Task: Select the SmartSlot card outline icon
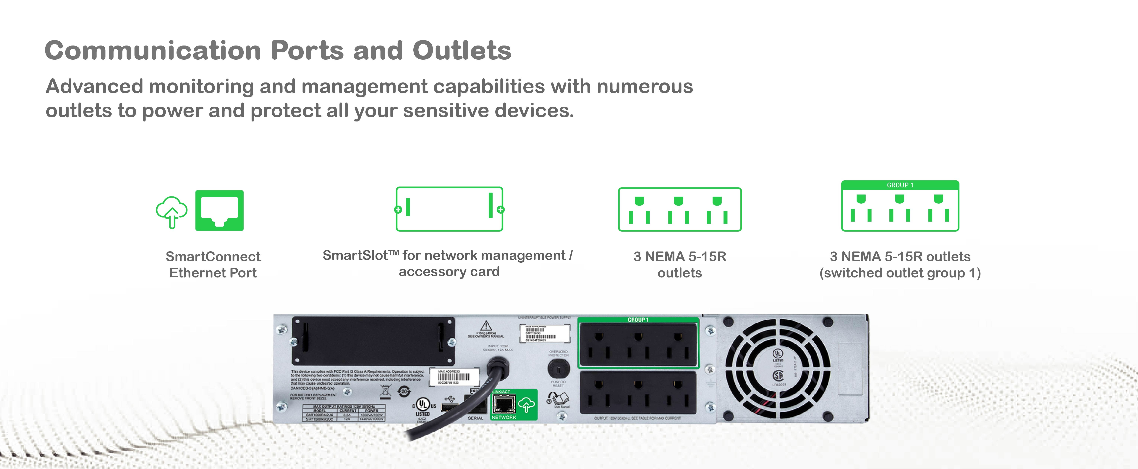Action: click(449, 209)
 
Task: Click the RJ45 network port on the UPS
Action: click(504, 404)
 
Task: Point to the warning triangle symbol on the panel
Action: click(486, 326)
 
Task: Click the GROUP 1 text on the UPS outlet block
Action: click(638, 320)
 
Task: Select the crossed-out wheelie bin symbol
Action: click(385, 390)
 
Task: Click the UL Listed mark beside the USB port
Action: click(423, 405)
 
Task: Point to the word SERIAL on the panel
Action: click(475, 418)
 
